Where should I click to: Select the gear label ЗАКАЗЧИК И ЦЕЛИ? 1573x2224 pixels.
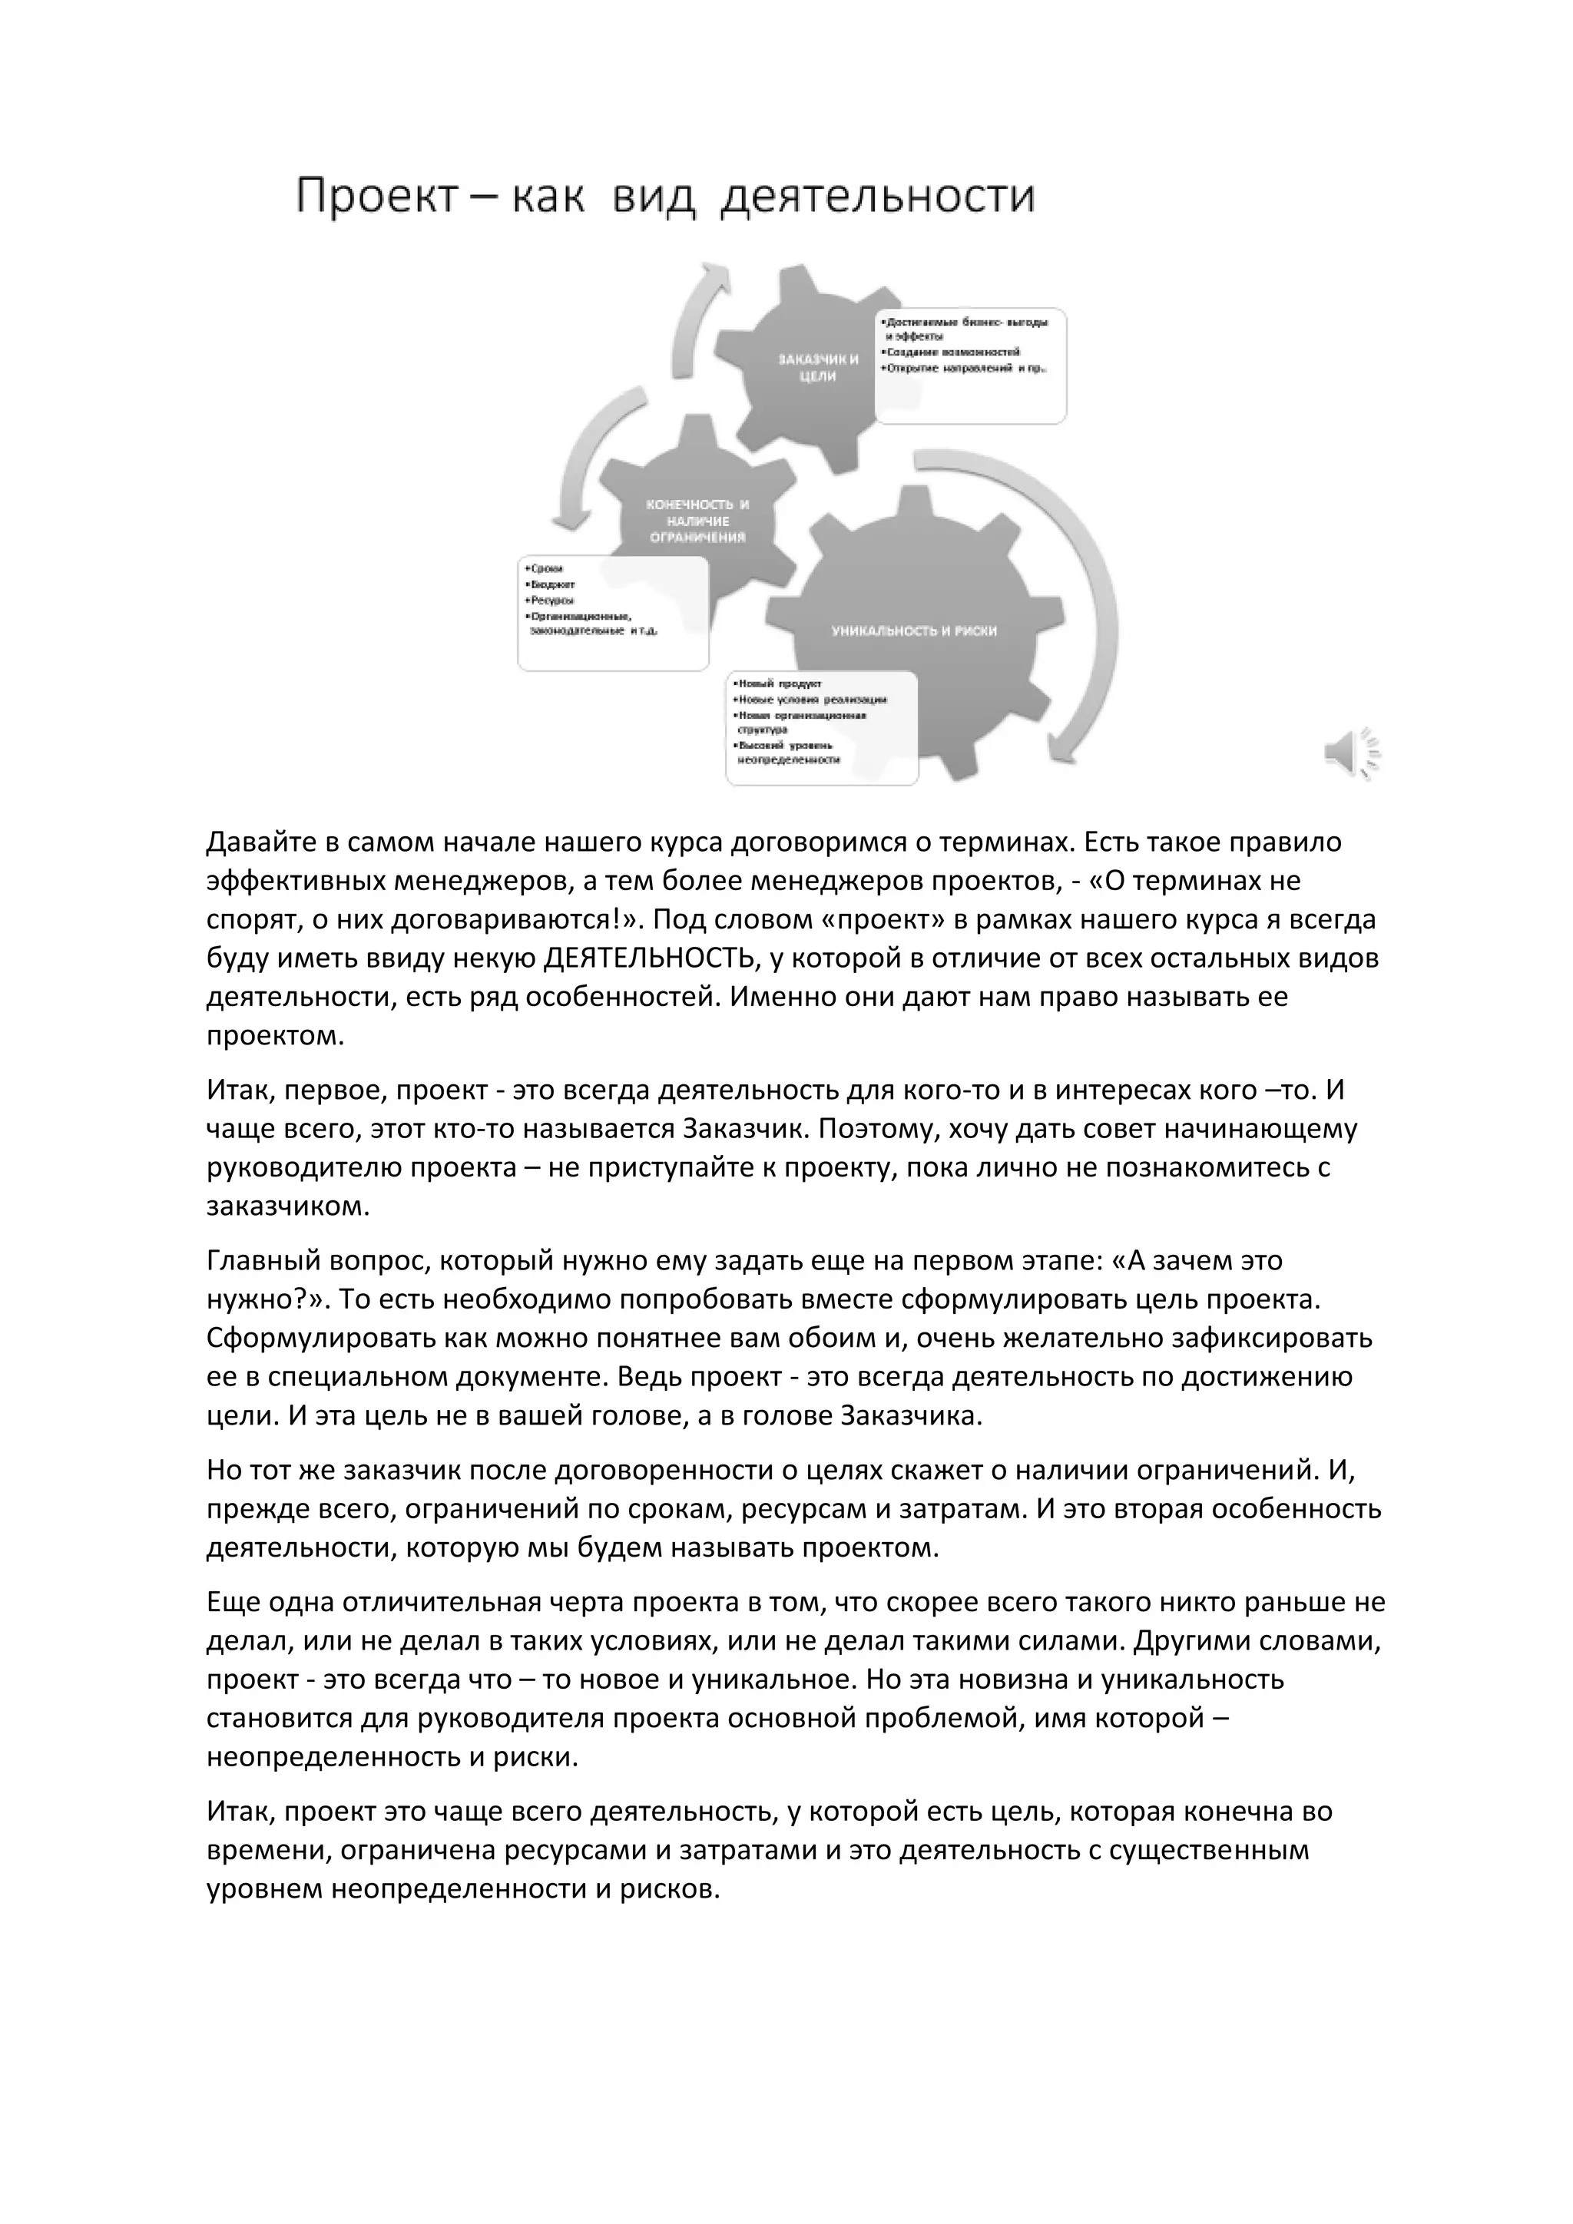click(x=819, y=368)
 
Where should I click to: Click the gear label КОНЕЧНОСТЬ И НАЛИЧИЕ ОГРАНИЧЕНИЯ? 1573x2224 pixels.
click(x=697, y=521)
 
